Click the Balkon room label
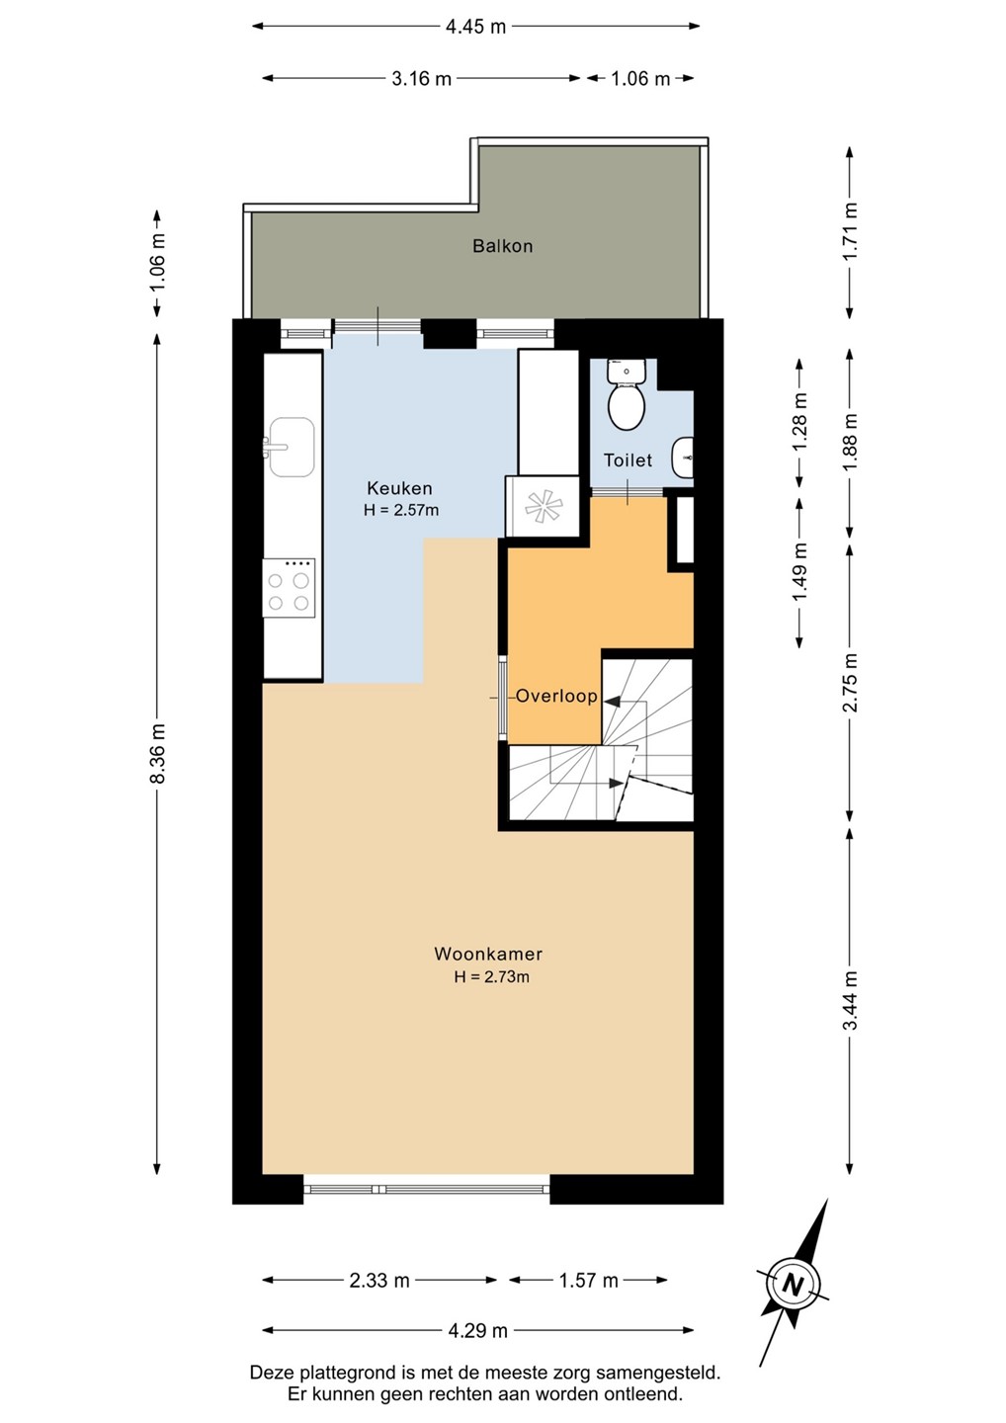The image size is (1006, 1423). click(502, 246)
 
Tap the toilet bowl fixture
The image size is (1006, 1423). click(627, 394)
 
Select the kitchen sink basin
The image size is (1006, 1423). click(292, 447)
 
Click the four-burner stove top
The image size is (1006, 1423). click(289, 588)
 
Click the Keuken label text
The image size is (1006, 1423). click(399, 488)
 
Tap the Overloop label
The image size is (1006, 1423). click(556, 697)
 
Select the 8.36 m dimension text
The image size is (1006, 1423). click(158, 753)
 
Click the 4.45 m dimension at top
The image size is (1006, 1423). click(475, 27)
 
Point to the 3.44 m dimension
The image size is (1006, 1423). click(851, 1000)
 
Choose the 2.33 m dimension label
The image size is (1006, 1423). click(379, 1280)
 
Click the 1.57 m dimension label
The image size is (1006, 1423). click(588, 1280)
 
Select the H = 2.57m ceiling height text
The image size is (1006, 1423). click(401, 510)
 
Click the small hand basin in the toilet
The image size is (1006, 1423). click(684, 458)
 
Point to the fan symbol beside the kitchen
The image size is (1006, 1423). click(543, 507)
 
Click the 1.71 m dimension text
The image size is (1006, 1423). click(851, 230)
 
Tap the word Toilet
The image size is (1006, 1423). click(628, 460)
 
